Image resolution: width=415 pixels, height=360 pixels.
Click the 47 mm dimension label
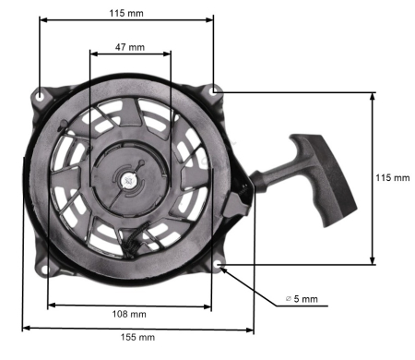click(129, 45)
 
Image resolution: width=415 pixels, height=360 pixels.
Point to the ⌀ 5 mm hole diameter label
click(302, 299)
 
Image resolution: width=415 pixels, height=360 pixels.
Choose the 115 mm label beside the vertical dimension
click(394, 177)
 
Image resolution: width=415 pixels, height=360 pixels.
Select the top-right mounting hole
click(214, 91)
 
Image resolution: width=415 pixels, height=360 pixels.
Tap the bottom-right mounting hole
click(219, 266)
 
